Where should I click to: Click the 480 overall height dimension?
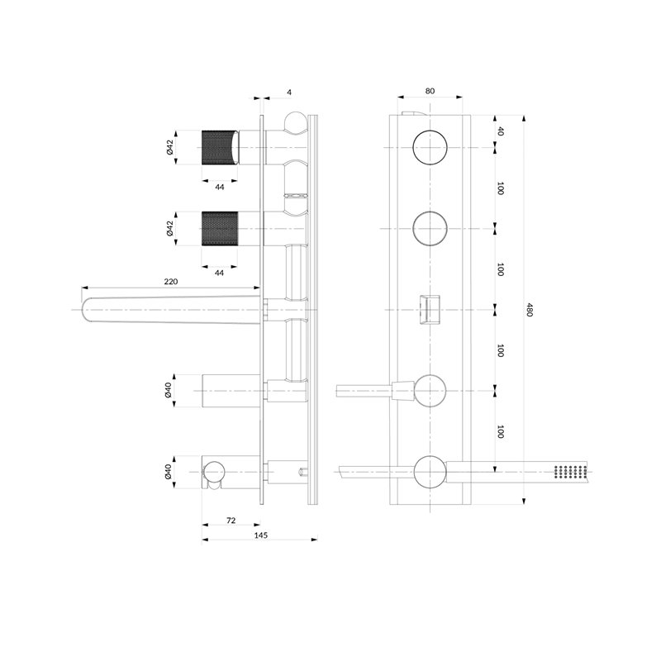coord(530,310)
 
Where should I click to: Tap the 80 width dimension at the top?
coord(430,91)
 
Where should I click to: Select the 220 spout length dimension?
coord(171,281)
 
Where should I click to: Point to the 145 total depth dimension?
coord(261,535)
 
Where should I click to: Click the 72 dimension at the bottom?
coord(231,521)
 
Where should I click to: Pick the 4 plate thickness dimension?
coord(289,92)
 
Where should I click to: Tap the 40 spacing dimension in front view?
coord(501,131)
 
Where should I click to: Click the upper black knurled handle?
coord(217,148)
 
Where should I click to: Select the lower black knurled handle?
coord(220,229)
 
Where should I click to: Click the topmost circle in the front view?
coord(430,148)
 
